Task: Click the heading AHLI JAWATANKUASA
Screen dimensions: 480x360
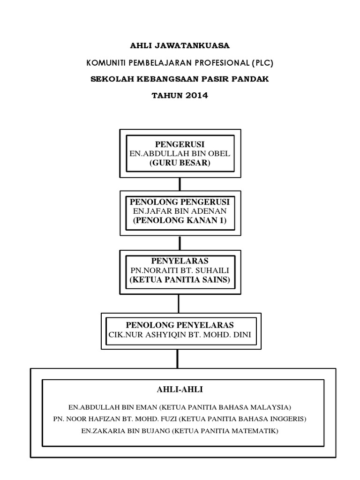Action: [x=180, y=45]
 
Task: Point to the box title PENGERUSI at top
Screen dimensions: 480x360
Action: [x=180, y=144]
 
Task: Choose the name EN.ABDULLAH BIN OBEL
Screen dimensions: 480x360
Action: [x=180, y=154]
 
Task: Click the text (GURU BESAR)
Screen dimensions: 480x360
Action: [x=180, y=164]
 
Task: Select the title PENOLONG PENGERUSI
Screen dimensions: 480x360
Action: [x=180, y=202]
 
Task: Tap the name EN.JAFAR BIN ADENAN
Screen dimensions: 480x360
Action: [x=180, y=211]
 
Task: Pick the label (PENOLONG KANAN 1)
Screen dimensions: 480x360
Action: [x=180, y=221]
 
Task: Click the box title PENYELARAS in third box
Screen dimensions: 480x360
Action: [x=180, y=261]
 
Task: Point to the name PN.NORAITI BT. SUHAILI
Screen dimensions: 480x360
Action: [x=180, y=270]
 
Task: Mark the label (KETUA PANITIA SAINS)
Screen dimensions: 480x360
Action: [x=180, y=280]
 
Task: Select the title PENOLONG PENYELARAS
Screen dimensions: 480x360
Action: [x=180, y=325]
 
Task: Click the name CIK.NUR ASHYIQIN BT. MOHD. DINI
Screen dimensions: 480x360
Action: [x=180, y=335]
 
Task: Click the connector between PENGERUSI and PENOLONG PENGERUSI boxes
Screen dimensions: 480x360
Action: [x=180, y=184]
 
